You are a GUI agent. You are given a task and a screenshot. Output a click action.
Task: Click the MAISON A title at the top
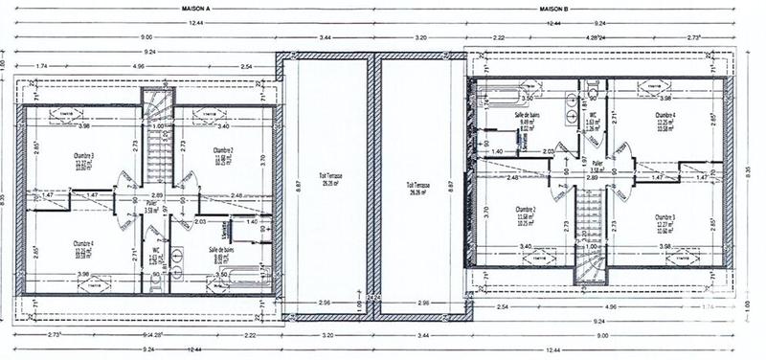point(195,7)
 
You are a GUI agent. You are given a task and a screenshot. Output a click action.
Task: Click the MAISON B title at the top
point(553,7)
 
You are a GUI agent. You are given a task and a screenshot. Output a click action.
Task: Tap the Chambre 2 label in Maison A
point(223,150)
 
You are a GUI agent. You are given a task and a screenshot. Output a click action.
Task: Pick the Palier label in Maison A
point(150,203)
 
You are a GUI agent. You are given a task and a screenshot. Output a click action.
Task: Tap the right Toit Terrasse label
point(418,179)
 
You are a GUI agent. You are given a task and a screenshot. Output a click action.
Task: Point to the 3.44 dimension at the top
point(326,35)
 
